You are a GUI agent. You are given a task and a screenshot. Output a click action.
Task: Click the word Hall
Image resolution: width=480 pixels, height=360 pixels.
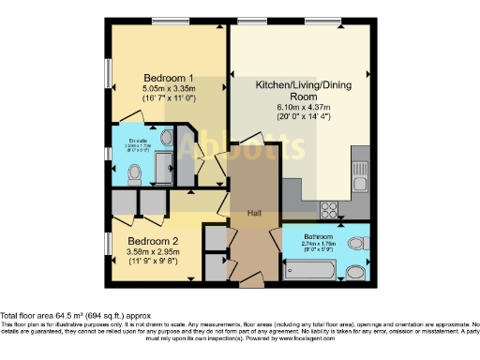254,213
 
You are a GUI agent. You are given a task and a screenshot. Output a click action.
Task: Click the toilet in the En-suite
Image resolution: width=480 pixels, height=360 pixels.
133,172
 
